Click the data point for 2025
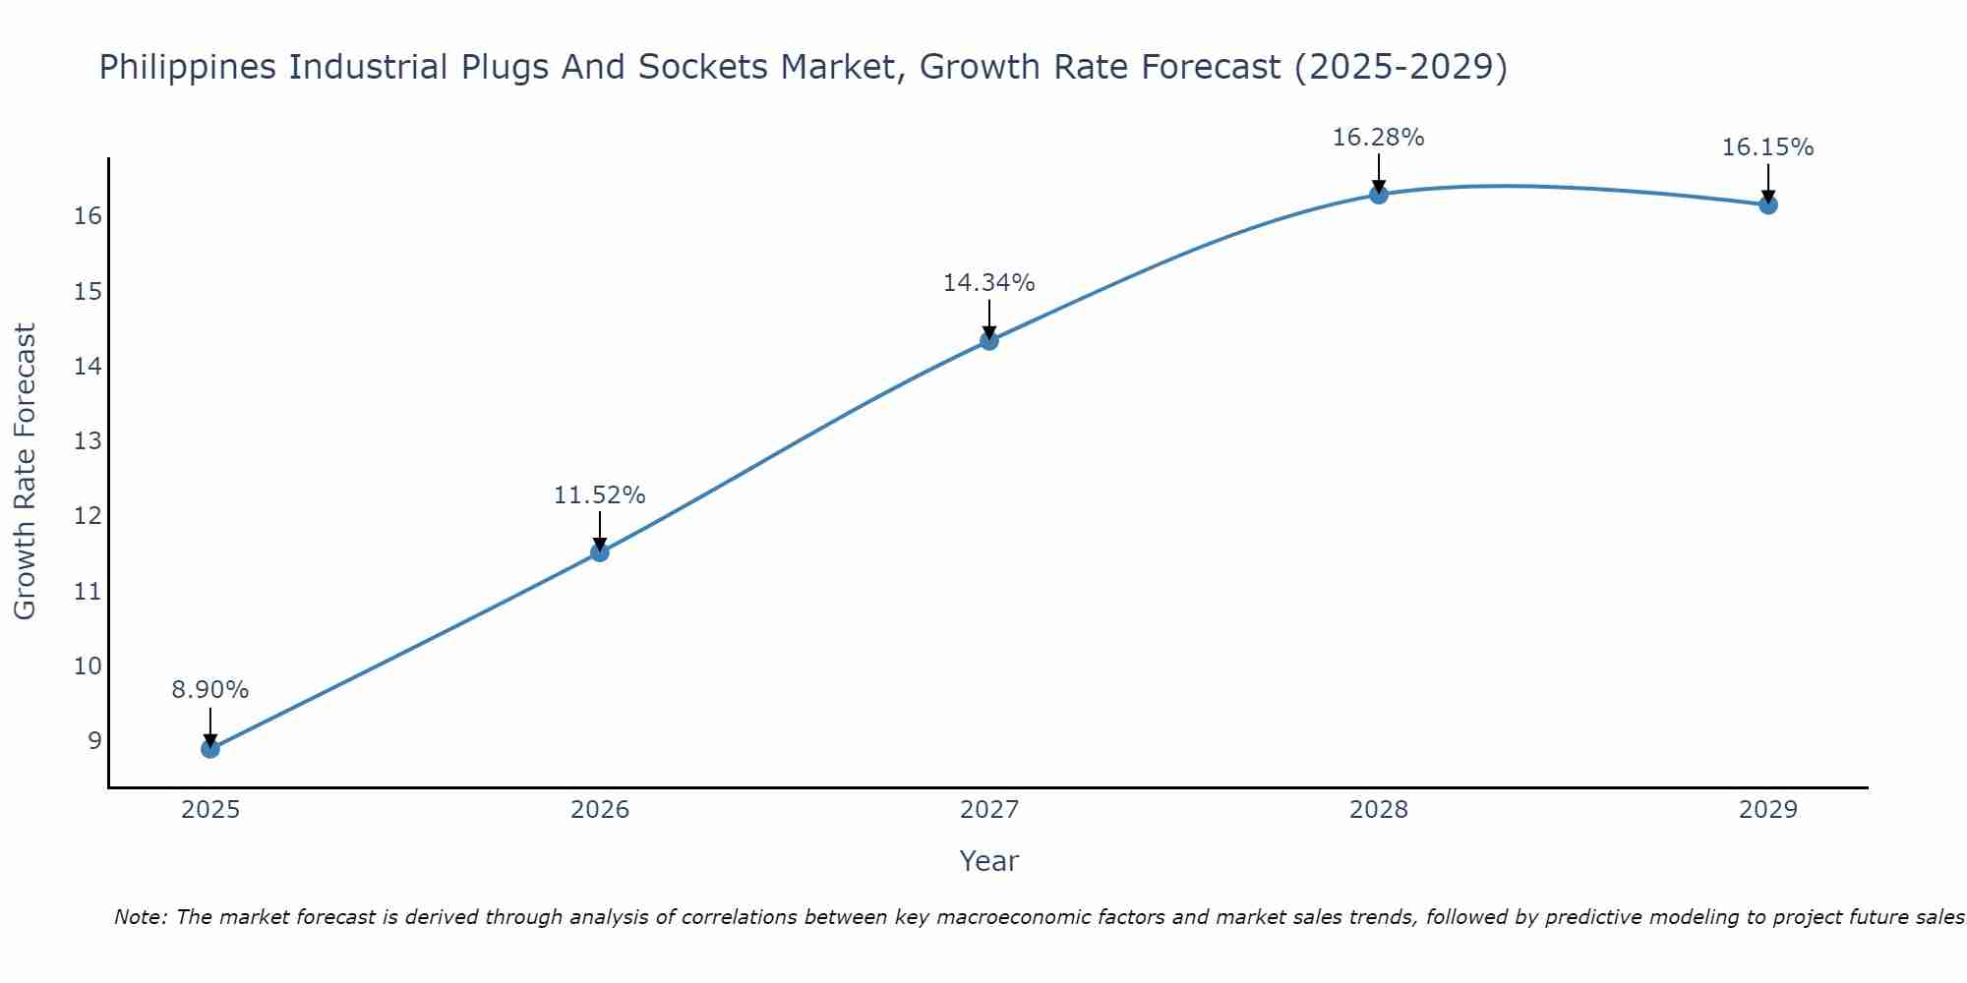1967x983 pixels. coord(210,749)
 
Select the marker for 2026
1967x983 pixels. coord(600,552)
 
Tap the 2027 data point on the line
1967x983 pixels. coord(989,341)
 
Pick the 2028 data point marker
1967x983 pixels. coord(1379,195)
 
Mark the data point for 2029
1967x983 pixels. coord(1768,204)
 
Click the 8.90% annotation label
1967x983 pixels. coord(210,690)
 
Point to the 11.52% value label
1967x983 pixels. coord(599,495)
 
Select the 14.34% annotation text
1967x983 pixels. coord(988,283)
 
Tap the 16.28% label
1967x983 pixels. coord(1378,138)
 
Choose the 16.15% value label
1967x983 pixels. coord(1767,147)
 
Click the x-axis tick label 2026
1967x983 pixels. coord(600,810)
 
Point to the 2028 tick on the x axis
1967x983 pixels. coord(1379,810)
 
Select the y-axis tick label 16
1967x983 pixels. coord(88,216)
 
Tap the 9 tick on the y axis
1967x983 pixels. coord(94,741)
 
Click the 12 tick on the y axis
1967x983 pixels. coord(88,516)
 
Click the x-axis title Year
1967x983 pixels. coord(988,861)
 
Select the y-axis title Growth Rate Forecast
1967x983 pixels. coord(25,472)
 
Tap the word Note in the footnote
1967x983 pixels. coord(140,918)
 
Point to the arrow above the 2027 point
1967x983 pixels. coord(989,319)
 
